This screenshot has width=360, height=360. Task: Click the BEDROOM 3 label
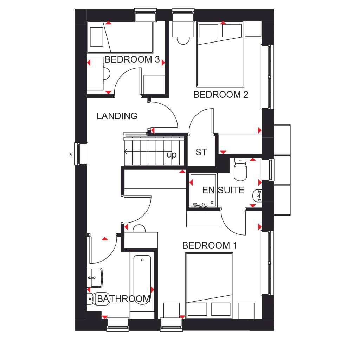point(132,59)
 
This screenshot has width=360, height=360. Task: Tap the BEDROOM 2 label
point(221,95)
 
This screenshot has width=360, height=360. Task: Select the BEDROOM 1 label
point(210,245)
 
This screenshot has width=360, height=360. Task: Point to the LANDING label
point(117,116)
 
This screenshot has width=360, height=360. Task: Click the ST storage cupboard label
point(201,152)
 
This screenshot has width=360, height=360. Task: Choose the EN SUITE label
point(223,190)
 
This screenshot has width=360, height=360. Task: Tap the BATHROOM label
point(124,299)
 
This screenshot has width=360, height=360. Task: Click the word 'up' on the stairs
point(172,155)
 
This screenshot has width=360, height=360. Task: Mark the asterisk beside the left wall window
point(71,154)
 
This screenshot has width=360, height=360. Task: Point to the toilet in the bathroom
point(93,299)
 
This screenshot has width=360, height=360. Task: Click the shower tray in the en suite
point(202,190)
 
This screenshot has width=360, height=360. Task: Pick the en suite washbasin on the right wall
point(257,195)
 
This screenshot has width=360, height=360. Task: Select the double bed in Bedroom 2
point(220,54)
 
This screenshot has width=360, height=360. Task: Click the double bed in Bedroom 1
point(209,285)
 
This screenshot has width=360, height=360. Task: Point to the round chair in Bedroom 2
point(183,40)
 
